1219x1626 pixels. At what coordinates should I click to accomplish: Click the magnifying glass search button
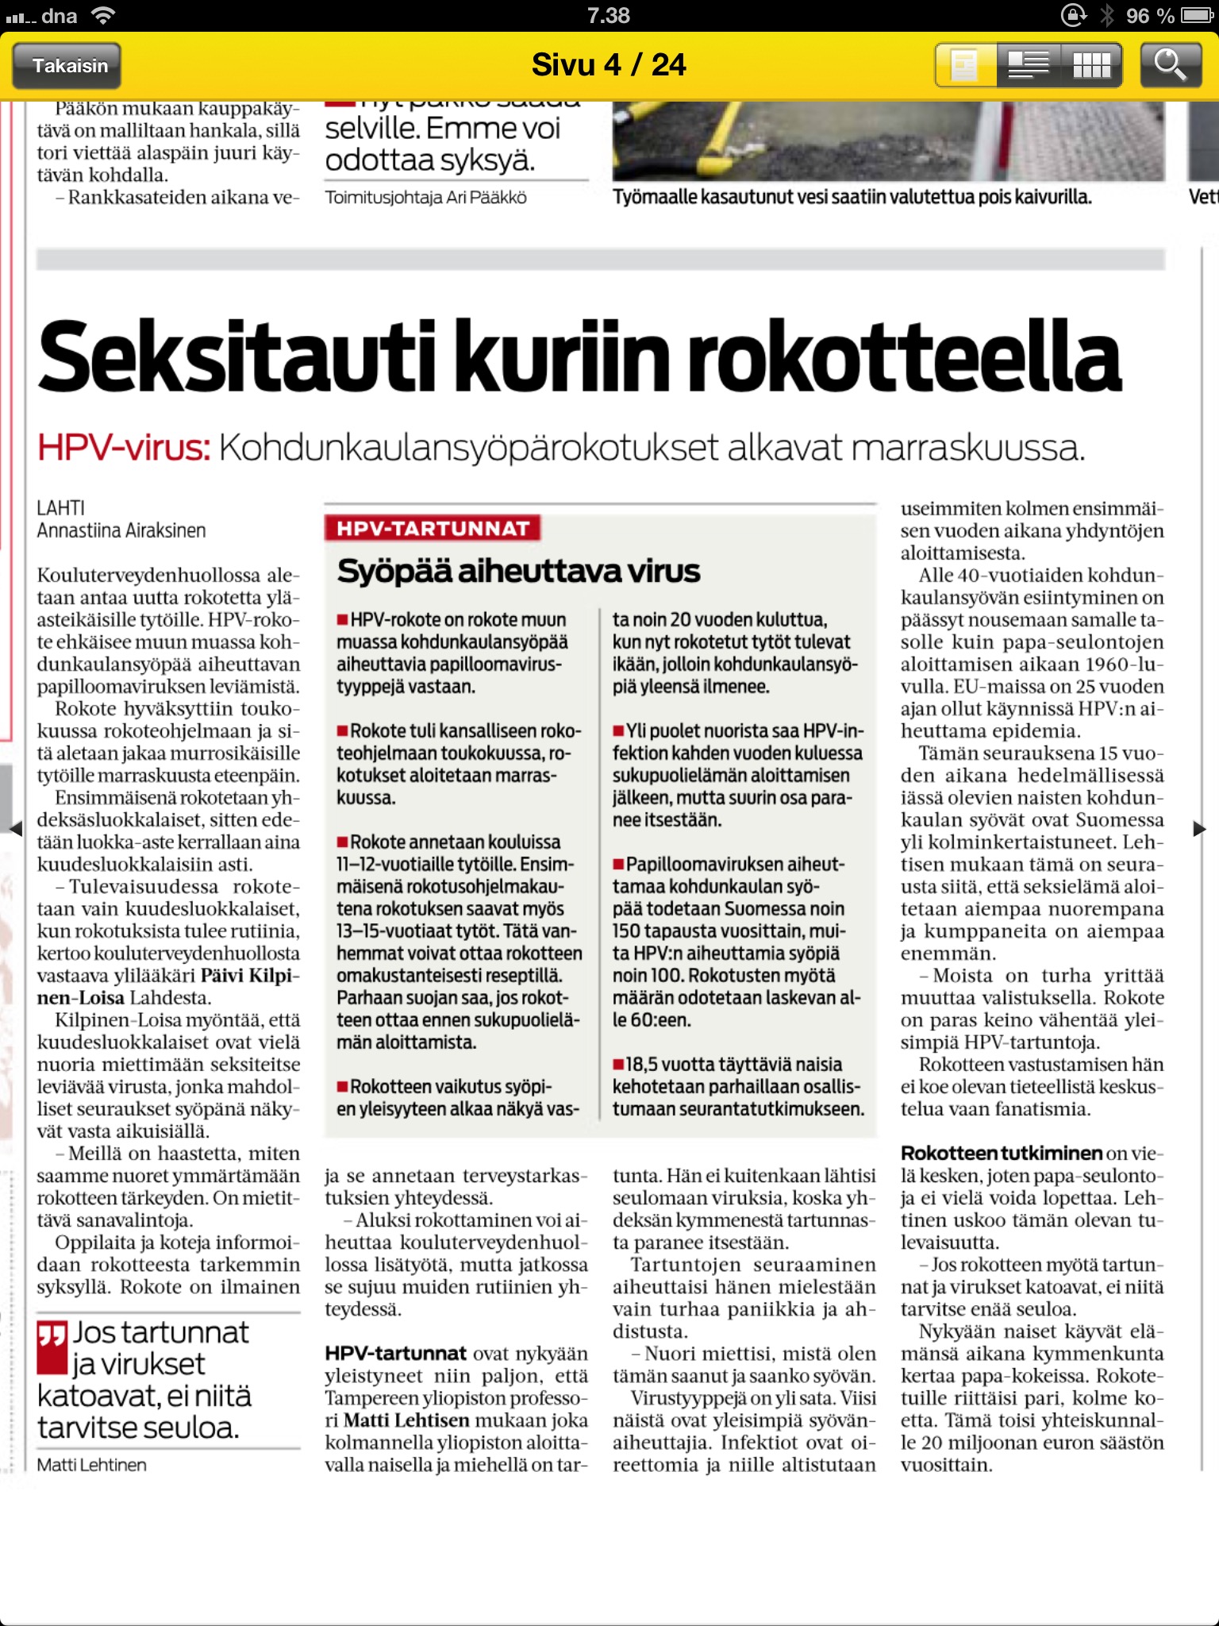1170,65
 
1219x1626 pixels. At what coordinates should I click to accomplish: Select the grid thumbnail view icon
1091,65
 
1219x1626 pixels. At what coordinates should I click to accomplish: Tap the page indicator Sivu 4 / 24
609,65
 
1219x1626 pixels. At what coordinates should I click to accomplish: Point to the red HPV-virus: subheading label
124,448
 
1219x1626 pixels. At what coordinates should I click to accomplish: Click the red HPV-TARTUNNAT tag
433,529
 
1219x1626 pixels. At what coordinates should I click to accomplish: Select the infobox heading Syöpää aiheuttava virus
518,571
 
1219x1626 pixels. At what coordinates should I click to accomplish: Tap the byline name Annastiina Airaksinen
121,530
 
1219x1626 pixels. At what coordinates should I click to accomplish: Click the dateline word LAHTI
60,508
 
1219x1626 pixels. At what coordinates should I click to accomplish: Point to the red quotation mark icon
52,1347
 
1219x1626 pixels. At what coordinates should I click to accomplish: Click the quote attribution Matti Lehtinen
91,1465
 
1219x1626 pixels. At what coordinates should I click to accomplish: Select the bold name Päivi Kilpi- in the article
250,976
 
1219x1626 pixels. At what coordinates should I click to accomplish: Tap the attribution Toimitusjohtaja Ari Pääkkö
425,198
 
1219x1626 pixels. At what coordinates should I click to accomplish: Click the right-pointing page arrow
1199,829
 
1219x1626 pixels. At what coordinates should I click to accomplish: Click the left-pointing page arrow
15,829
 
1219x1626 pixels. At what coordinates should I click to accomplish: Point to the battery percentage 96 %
1149,16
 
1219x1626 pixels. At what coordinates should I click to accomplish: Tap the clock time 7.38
609,16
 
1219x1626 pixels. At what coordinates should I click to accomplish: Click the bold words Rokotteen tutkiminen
1002,1154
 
